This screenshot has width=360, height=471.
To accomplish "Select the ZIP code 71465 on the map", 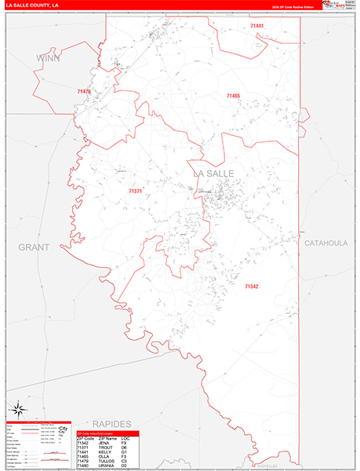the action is (233, 96).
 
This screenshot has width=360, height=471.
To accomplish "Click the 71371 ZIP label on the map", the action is (136, 191).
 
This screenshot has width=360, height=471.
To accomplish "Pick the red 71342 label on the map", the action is (251, 287).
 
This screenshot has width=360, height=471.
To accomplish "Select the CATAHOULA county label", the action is (325, 243).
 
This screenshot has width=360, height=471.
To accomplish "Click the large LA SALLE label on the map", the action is (213, 173).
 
